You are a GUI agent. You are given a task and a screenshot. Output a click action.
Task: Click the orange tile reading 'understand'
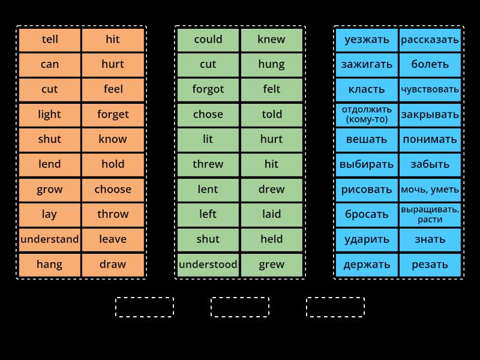click(50, 239)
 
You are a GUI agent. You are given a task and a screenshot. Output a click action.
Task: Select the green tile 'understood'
click(208, 265)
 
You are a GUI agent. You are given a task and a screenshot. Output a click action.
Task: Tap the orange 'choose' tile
click(113, 190)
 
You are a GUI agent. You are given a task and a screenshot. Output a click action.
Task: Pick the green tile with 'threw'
click(208, 164)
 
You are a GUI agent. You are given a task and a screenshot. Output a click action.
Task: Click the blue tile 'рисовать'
click(367, 190)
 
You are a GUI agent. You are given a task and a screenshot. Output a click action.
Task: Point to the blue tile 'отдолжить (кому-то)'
click(367, 115)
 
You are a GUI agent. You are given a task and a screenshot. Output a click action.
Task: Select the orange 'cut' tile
click(50, 89)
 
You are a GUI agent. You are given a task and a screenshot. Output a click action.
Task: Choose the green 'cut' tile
click(208, 64)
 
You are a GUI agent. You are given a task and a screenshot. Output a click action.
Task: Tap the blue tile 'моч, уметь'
click(430, 190)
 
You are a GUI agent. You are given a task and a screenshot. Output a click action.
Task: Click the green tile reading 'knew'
click(272, 40)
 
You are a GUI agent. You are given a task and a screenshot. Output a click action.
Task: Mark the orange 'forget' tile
click(113, 115)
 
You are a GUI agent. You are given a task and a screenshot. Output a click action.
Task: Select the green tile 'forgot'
click(208, 89)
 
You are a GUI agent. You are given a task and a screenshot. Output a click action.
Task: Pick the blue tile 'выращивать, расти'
click(430, 214)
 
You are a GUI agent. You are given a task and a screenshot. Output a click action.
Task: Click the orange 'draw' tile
click(113, 265)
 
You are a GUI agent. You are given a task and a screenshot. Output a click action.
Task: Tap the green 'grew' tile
click(272, 265)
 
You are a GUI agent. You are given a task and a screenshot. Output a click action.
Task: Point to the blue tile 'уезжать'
click(367, 40)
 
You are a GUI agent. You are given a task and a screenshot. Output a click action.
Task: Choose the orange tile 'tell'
click(50, 40)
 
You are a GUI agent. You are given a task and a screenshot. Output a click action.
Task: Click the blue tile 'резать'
click(430, 265)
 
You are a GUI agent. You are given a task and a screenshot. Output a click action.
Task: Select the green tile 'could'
click(208, 40)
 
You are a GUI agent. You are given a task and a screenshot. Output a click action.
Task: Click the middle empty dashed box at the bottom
click(240, 307)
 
